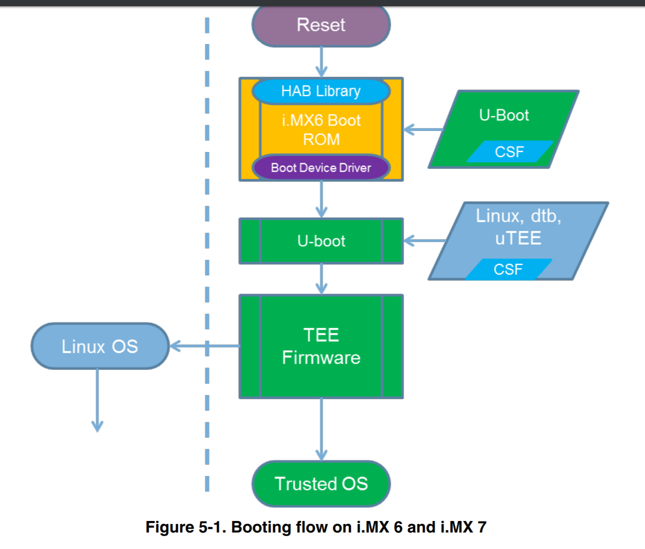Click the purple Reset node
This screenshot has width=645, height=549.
click(x=321, y=25)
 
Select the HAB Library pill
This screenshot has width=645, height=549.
click(x=321, y=91)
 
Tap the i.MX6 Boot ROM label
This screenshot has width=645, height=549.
click(x=321, y=130)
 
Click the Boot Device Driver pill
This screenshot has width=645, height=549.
click(x=321, y=168)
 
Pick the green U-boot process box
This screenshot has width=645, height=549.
click(x=321, y=241)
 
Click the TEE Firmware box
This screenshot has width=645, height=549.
click(x=321, y=346)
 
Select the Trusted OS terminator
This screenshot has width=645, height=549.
click(x=321, y=484)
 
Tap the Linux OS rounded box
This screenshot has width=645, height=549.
click(x=100, y=346)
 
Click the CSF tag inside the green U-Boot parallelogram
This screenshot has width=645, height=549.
click(x=509, y=152)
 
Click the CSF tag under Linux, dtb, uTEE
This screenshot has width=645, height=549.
click(x=508, y=270)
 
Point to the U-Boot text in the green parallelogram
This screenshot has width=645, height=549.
click(x=504, y=115)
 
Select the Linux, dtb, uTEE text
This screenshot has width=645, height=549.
click(x=519, y=227)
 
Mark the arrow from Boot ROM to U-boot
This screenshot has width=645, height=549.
click(x=321, y=199)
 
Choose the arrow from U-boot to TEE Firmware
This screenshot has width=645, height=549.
click(x=321, y=279)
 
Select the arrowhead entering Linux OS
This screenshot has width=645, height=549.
click(x=175, y=346)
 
